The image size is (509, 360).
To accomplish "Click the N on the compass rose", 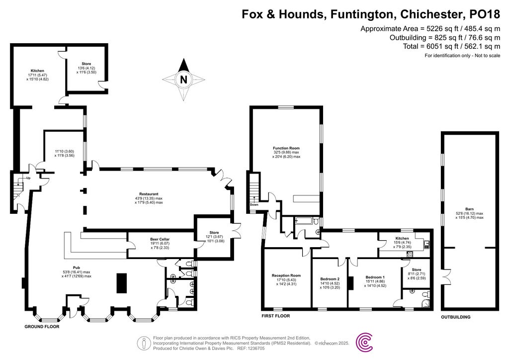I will click(x=184, y=79).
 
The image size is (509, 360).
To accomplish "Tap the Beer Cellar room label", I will click(x=160, y=239).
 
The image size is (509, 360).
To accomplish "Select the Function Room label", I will click(x=286, y=148).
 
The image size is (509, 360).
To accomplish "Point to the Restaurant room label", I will click(x=149, y=194).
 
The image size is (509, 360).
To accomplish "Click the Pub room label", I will click(x=76, y=267).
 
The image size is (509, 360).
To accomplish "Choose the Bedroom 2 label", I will click(x=330, y=279).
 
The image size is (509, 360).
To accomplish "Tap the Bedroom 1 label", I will click(x=375, y=277).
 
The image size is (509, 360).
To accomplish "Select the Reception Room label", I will click(x=286, y=275).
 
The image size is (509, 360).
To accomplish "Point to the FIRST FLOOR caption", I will click(x=275, y=316).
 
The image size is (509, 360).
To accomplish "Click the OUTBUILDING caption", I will click(x=456, y=317).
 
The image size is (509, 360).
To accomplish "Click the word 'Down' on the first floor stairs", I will click(x=254, y=204).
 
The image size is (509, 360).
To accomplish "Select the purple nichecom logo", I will click(x=365, y=342).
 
